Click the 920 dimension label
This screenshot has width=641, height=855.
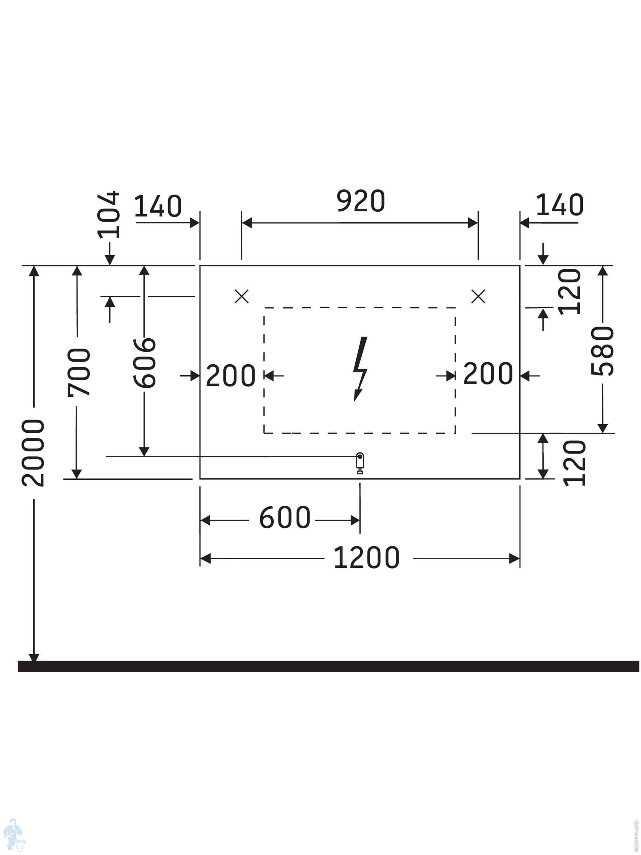click(361, 201)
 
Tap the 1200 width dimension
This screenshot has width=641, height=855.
click(366, 558)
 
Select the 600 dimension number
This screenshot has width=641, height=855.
click(285, 518)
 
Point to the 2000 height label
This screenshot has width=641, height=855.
click(33, 453)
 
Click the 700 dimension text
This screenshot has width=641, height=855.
click(79, 372)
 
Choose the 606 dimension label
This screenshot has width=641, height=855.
click(145, 363)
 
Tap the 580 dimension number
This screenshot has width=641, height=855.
click(602, 351)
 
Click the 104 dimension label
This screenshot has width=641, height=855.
click(108, 215)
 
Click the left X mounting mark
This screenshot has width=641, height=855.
click(241, 296)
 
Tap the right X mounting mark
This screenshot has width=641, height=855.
click(478, 296)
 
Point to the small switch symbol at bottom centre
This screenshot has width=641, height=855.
click(360, 463)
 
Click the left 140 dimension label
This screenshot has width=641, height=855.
click(158, 206)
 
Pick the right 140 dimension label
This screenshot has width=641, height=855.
click(560, 205)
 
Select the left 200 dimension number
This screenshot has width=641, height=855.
click(231, 375)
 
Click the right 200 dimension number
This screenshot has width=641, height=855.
click(488, 373)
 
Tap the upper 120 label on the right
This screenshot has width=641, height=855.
click(570, 292)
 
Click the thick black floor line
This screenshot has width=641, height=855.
click(329, 666)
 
